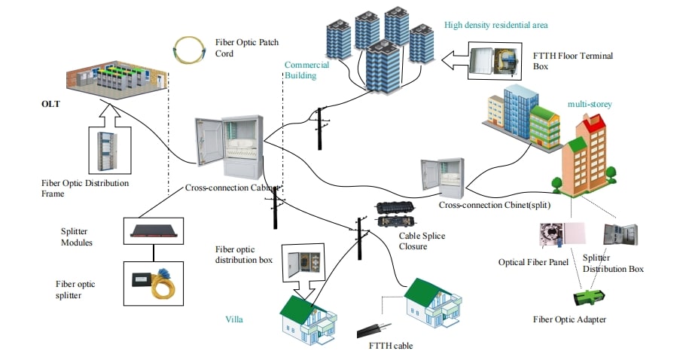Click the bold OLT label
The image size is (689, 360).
pyautogui.click(x=50, y=104)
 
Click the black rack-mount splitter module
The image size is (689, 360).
pyautogui.click(x=154, y=230)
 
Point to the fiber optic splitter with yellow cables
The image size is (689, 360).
pyautogui.click(x=154, y=283)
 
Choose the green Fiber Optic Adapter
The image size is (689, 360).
pyautogui.click(x=590, y=298)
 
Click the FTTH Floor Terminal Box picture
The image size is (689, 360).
pyautogui.click(x=495, y=61)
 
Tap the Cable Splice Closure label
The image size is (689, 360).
pyautogui.click(x=422, y=241)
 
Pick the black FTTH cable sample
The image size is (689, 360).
pyautogui.click(x=373, y=329)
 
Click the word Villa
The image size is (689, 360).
pyautogui.click(x=233, y=319)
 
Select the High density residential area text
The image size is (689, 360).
pyautogui.click(x=495, y=25)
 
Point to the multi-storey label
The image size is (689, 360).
pyautogui.click(x=590, y=104)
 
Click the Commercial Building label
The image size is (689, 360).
pyautogui.click(x=306, y=70)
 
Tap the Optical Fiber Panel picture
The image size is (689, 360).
pyautogui.click(x=562, y=233)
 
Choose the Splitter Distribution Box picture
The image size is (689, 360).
pyautogui.click(x=620, y=234)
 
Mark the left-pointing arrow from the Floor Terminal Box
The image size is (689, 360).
pyautogui.click(x=454, y=61)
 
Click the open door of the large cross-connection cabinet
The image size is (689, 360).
pyautogui.click(x=209, y=141)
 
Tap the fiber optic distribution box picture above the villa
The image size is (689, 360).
pyautogui.click(x=303, y=263)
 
